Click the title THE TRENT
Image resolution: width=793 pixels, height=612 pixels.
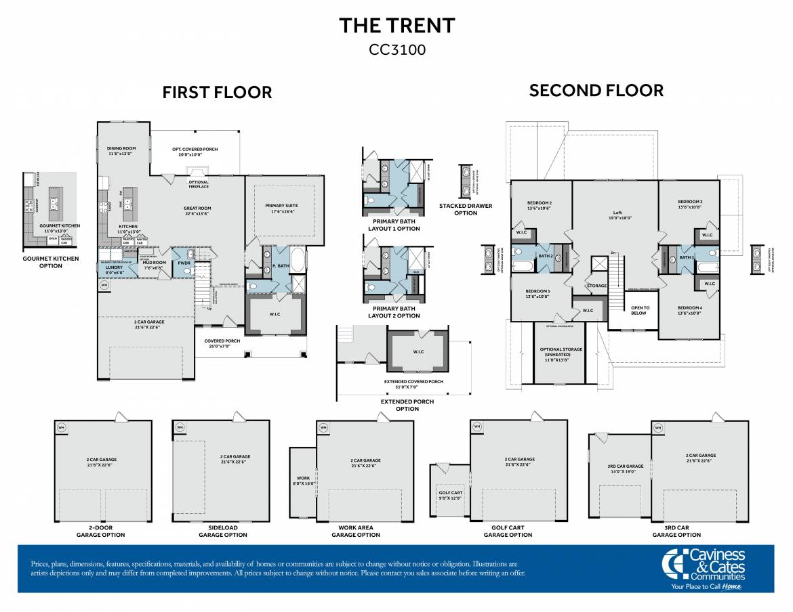[x=396, y=26]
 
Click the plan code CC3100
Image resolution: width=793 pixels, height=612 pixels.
[x=396, y=49]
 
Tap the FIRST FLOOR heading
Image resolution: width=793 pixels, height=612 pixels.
[x=217, y=93]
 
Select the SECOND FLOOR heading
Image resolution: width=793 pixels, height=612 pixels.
[x=596, y=90]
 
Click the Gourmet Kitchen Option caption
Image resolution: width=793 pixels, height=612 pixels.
[x=51, y=262]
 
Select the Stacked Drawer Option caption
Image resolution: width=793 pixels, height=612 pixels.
[x=466, y=209]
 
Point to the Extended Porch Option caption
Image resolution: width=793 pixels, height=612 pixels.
[x=407, y=405]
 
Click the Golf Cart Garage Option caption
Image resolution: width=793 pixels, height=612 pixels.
[x=508, y=531]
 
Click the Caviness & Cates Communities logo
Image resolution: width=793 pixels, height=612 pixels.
[x=704, y=568]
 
